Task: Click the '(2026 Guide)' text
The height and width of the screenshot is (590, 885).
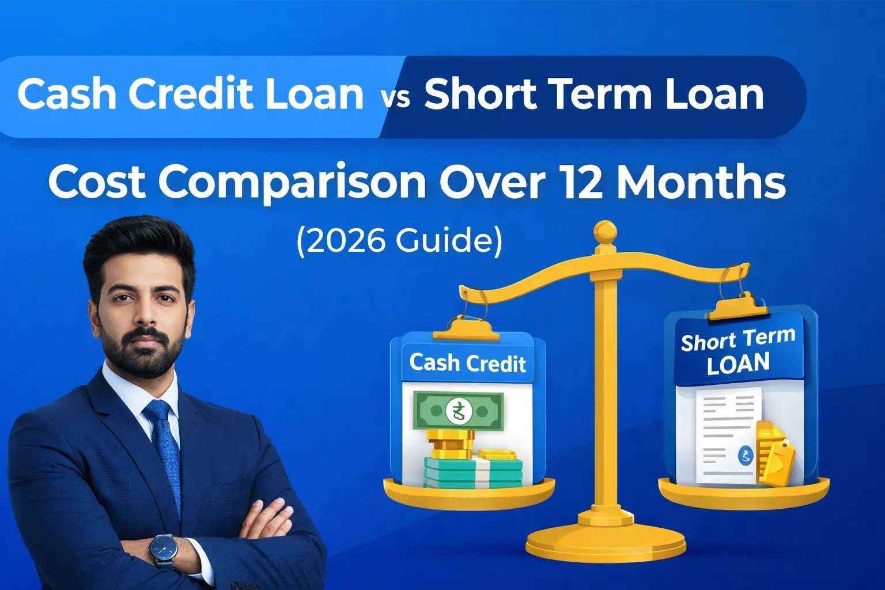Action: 399,240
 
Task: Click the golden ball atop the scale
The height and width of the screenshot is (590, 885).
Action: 605,232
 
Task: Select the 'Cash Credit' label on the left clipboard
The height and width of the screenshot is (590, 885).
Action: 467,364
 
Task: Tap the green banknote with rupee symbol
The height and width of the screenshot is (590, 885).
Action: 458,411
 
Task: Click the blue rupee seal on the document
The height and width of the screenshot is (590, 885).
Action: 746,456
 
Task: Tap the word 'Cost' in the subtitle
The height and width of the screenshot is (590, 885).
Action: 97,183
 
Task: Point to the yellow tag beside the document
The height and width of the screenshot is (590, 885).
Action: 775,455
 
